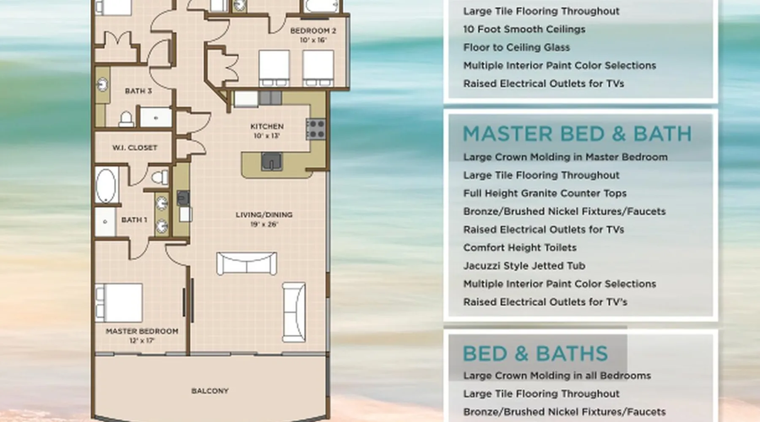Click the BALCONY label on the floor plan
pos(210,391)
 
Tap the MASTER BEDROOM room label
pos(142,331)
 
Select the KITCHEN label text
pos(267,126)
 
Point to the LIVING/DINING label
pos(264,215)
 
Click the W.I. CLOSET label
pos(135,148)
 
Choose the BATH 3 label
pos(138,91)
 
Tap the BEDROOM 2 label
pos(313,31)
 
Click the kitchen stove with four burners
pos(316,129)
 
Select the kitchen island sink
pos(271,162)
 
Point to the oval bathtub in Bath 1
pos(106,186)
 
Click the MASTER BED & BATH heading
pos(577,134)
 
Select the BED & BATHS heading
pos(535,354)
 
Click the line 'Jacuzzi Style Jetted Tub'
pos(524,266)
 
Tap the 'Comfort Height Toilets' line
pos(520,248)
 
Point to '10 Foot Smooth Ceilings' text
pos(524,29)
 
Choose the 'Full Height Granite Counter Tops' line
pos(545,193)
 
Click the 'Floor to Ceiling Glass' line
pos(516,47)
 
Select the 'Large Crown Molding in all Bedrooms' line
pos(557,376)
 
